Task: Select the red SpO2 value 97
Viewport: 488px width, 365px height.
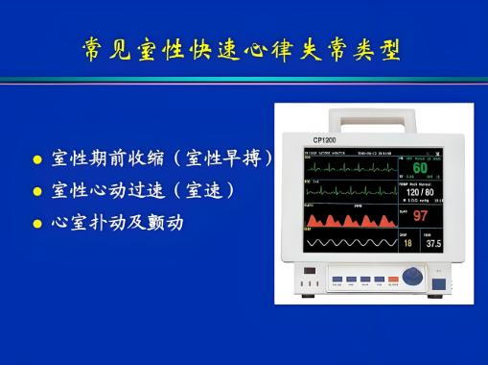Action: pyautogui.click(x=421, y=215)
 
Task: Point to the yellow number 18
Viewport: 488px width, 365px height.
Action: pyautogui.click(x=407, y=244)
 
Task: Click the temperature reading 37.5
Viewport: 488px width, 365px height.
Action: pyautogui.click(x=434, y=244)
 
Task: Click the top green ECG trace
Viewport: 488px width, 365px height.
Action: pyautogui.click(x=350, y=165)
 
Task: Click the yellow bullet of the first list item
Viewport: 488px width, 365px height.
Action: pyautogui.click(x=38, y=158)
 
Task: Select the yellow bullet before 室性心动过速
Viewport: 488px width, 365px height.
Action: pyautogui.click(x=38, y=190)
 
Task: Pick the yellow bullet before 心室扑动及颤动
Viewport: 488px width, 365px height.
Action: pyautogui.click(x=38, y=224)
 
